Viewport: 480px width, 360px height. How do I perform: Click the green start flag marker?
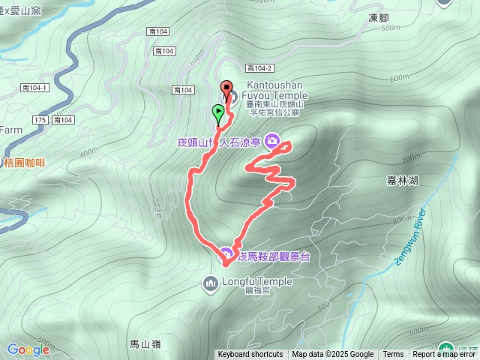click(218, 113)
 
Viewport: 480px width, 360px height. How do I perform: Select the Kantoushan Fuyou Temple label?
click(275, 96)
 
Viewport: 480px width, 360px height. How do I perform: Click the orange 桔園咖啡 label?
click(24, 162)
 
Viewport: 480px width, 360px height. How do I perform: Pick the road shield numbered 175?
click(40, 120)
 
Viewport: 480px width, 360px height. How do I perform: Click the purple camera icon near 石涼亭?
click(272, 140)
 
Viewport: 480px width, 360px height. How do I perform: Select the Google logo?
click(28, 349)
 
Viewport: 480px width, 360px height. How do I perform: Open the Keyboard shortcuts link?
click(250, 355)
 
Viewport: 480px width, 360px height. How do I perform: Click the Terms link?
click(393, 355)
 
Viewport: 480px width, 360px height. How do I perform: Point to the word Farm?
click(10, 129)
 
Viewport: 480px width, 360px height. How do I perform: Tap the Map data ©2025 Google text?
click(333, 355)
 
